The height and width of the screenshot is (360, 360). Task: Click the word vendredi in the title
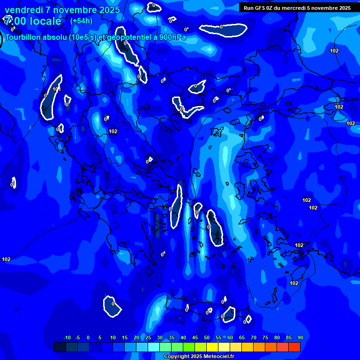pyautogui.click(x=23, y=9)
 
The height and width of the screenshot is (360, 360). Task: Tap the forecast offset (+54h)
pyautogui.click(x=81, y=21)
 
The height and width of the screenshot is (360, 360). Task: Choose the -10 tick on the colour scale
pyautogui.click(x=67, y=337)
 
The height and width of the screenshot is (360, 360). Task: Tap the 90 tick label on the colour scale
pyautogui.click(x=300, y=337)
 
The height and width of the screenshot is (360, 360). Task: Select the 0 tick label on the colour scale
pyautogui.click(x=88, y=337)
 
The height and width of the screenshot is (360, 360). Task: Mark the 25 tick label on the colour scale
pyautogui.click(x=148, y=337)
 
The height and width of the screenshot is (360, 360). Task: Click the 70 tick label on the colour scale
pyautogui.click(x=253, y=337)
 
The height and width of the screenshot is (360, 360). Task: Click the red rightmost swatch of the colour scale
pyautogui.click(x=294, y=347)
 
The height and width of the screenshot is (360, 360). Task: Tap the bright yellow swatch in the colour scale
pyautogui.click(x=212, y=347)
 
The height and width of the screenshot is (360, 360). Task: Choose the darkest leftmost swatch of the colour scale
pyautogui.click(x=60, y=347)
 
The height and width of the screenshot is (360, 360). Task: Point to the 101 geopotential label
pyautogui.click(x=57, y=89)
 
